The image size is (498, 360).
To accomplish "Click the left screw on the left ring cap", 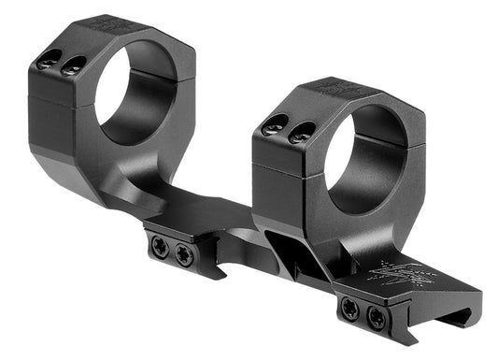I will (x=47, y=61).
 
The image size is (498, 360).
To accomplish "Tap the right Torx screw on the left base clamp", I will (x=185, y=252).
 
